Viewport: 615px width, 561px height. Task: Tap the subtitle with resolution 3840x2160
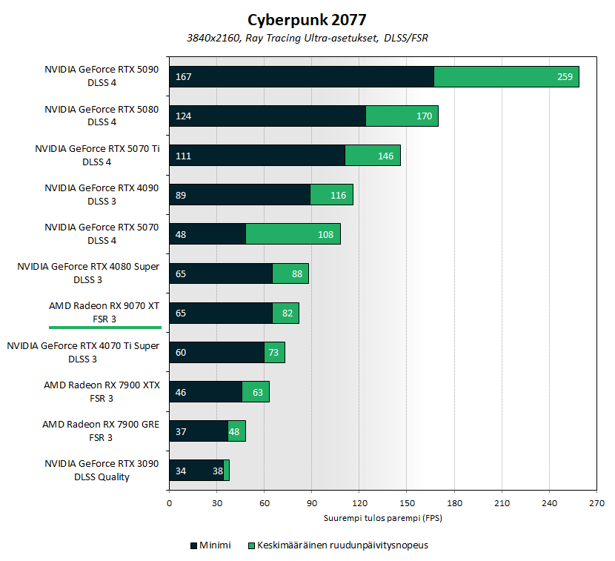(307, 38)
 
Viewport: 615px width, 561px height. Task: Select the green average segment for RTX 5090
(506, 77)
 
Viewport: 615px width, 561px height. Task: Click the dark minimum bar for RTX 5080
(267, 116)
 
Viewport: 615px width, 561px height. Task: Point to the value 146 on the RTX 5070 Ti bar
(385, 156)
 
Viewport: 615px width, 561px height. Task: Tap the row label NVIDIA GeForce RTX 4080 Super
(88, 266)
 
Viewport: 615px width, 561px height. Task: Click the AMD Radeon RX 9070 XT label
(104, 305)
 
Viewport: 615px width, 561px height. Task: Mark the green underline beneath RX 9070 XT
(104, 327)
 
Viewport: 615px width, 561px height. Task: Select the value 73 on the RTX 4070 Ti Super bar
(273, 353)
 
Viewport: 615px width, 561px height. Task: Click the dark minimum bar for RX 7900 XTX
(206, 392)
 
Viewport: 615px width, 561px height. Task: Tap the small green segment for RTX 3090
(226, 471)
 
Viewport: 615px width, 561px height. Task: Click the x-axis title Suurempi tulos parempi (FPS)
(382, 517)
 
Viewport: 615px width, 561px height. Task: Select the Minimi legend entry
(210, 545)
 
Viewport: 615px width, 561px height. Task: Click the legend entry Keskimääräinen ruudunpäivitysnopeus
(337, 545)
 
